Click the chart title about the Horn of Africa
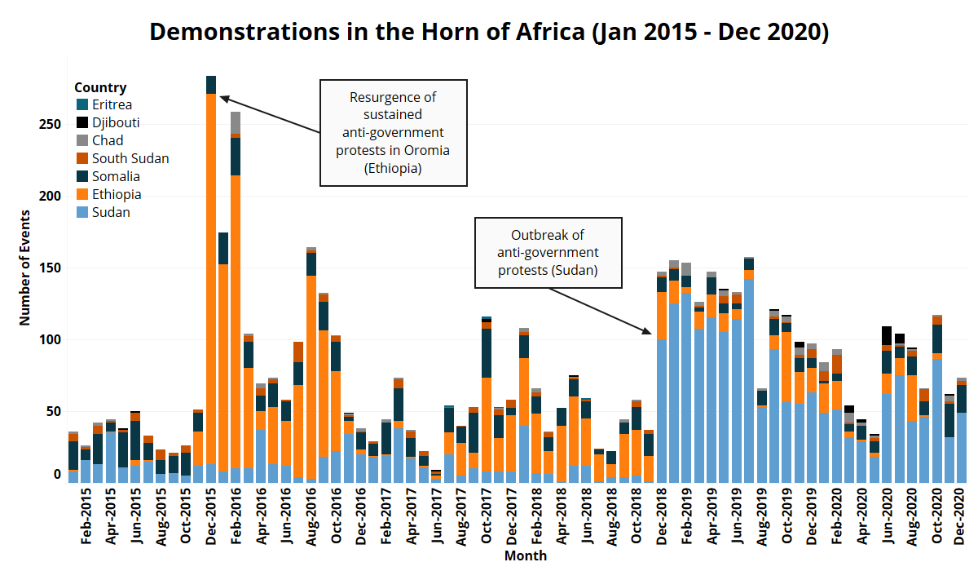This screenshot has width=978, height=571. tap(489, 32)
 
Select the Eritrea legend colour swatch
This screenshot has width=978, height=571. tap(81, 105)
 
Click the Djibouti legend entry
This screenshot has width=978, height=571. tap(115, 123)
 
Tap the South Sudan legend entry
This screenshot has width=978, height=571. tap(130, 159)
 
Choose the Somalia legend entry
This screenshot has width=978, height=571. tap(115, 177)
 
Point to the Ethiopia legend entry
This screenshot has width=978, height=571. tap(116, 195)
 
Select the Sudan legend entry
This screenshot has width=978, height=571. tap(110, 213)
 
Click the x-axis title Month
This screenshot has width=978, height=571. tap(525, 556)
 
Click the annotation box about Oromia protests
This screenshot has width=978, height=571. tap(393, 132)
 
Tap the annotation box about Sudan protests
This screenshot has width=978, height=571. tap(548, 253)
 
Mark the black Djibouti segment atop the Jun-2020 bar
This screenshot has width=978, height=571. tap(887, 335)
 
